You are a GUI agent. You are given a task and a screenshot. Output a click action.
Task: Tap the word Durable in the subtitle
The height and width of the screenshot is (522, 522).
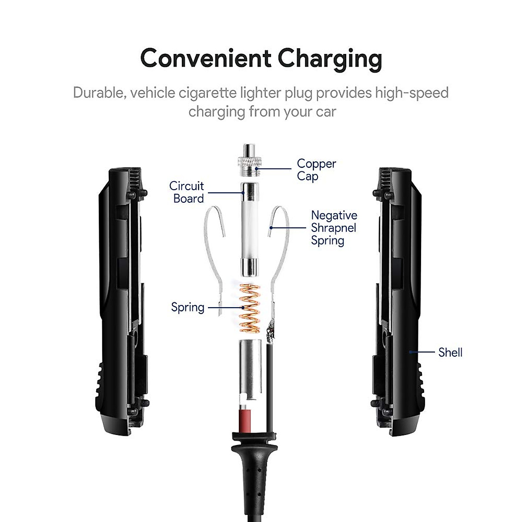pyautogui.click(x=99, y=93)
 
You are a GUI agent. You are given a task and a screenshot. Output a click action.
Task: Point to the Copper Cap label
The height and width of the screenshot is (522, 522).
pyautogui.click(x=316, y=170)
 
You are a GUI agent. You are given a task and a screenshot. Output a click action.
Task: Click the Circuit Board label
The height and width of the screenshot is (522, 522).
pyautogui.click(x=187, y=192)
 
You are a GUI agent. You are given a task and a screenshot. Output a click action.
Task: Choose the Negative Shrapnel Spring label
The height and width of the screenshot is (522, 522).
pyautogui.click(x=334, y=228)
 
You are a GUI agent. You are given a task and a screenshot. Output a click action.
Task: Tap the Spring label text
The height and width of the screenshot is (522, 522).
pyautogui.click(x=187, y=307)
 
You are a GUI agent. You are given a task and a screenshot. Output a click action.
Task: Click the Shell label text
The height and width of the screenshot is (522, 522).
pyautogui.click(x=450, y=352)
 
